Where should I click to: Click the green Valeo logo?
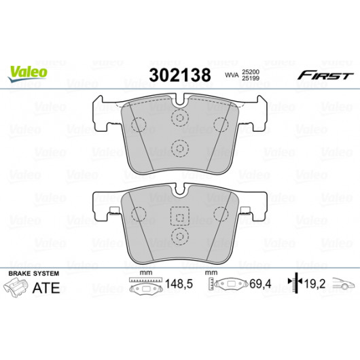click(x=28, y=73)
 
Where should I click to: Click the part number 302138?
click(x=180, y=75)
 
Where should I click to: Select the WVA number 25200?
click(x=251, y=72)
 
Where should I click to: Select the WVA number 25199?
click(x=251, y=78)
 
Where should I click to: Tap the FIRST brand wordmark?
click(x=325, y=75)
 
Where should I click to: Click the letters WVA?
click(x=232, y=75)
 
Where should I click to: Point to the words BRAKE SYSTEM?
click(x=34, y=274)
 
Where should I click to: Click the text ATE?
click(x=46, y=288)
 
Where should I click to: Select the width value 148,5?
click(x=179, y=284)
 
